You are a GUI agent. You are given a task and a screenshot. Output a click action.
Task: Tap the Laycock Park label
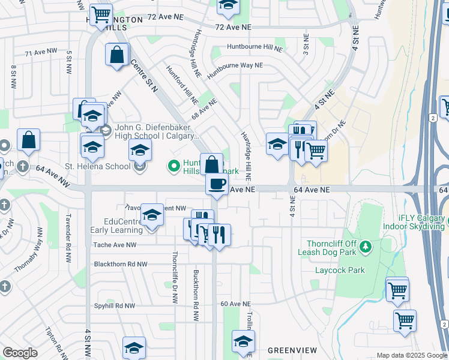(x=340, y=270)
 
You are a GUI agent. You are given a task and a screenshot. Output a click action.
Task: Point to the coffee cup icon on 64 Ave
(x=217, y=184)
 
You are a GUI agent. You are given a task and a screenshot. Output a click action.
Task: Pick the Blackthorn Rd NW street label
(x=120, y=264)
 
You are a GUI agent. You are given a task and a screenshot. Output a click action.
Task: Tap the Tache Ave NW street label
(x=115, y=245)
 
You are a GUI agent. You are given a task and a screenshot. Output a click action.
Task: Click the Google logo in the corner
(x=20, y=353)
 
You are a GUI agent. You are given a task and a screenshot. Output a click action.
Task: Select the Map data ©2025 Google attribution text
(x=411, y=355)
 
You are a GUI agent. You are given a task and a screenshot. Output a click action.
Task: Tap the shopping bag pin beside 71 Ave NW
(x=117, y=55)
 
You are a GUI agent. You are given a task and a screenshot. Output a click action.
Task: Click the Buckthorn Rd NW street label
(x=196, y=293)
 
